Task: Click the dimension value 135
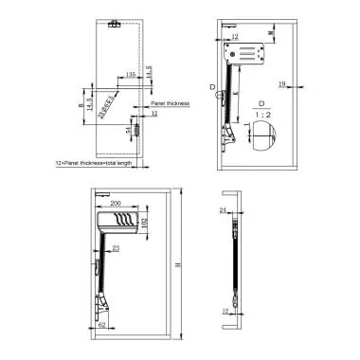pos(130,73)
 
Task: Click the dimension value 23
pos(115,250)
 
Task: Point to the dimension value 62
pos(100,326)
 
